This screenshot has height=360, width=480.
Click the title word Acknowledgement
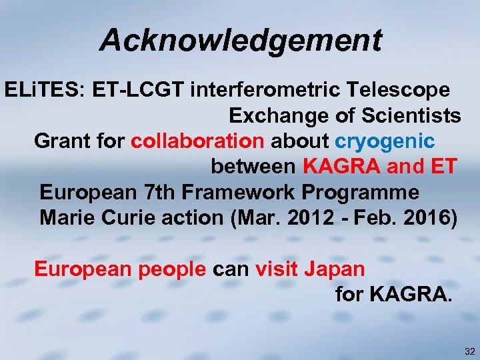(241, 41)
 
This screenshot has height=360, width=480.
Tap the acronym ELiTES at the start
(40, 90)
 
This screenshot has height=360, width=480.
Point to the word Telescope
(404, 90)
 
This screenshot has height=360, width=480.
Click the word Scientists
(410, 116)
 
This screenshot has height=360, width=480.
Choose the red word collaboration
(197, 141)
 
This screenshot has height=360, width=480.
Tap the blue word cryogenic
(385, 141)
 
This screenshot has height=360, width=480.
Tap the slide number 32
(469, 351)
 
